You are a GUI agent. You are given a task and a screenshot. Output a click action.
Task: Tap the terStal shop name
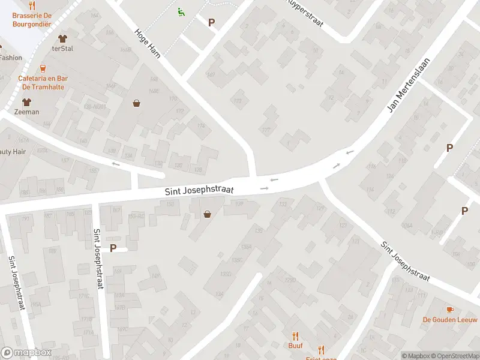coord(62,49)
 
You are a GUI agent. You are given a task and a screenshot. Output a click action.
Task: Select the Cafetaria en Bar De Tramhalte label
coord(42,82)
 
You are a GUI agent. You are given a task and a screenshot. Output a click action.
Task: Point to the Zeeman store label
coord(27,112)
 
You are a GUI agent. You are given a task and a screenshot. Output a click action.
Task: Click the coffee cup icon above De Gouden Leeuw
coord(451,309)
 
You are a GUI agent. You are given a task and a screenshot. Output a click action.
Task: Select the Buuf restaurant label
coord(295,346)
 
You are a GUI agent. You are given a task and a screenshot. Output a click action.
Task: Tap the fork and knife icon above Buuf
coord(295,336)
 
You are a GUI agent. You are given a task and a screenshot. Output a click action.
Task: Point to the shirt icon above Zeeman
coord(27,102)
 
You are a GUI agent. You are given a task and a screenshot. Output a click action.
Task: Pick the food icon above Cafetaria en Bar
coord(42,69)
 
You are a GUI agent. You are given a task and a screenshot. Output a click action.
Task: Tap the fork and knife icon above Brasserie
coord(32,6)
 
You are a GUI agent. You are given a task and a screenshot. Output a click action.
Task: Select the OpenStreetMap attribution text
coord(453,356)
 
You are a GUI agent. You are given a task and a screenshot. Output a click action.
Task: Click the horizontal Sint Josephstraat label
coord(199,190)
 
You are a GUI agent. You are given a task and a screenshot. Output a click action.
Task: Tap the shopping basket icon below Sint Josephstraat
coord(208,214)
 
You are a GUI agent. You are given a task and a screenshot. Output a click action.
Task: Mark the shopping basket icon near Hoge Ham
coord(137,103)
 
